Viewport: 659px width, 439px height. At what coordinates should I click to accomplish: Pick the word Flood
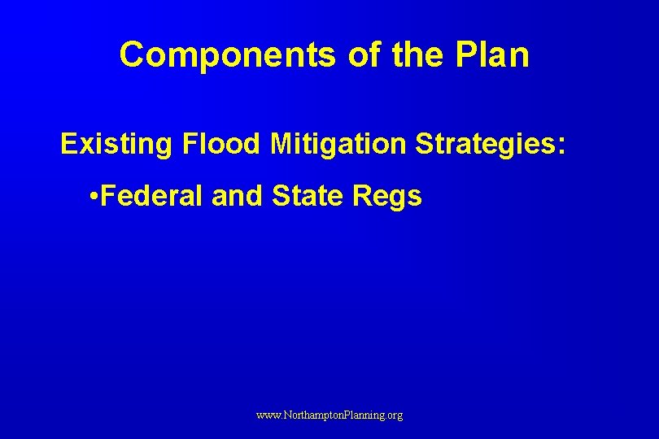pyautogui.click(x=221, y=144)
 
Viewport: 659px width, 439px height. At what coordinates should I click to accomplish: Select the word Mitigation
pyautogui.click(x=338, y=144)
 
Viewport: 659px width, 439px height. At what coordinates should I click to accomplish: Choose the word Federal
pyautogui.click(x=154, y=196)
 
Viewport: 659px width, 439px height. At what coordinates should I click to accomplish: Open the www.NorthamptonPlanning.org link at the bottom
pyautogui.click(x=329, y=415)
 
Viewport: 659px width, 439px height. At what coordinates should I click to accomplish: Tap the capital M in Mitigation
pyautogui.click(x=281, y=144)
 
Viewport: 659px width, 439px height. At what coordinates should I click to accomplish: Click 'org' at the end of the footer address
pyautogui.click(x=394, y=416)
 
